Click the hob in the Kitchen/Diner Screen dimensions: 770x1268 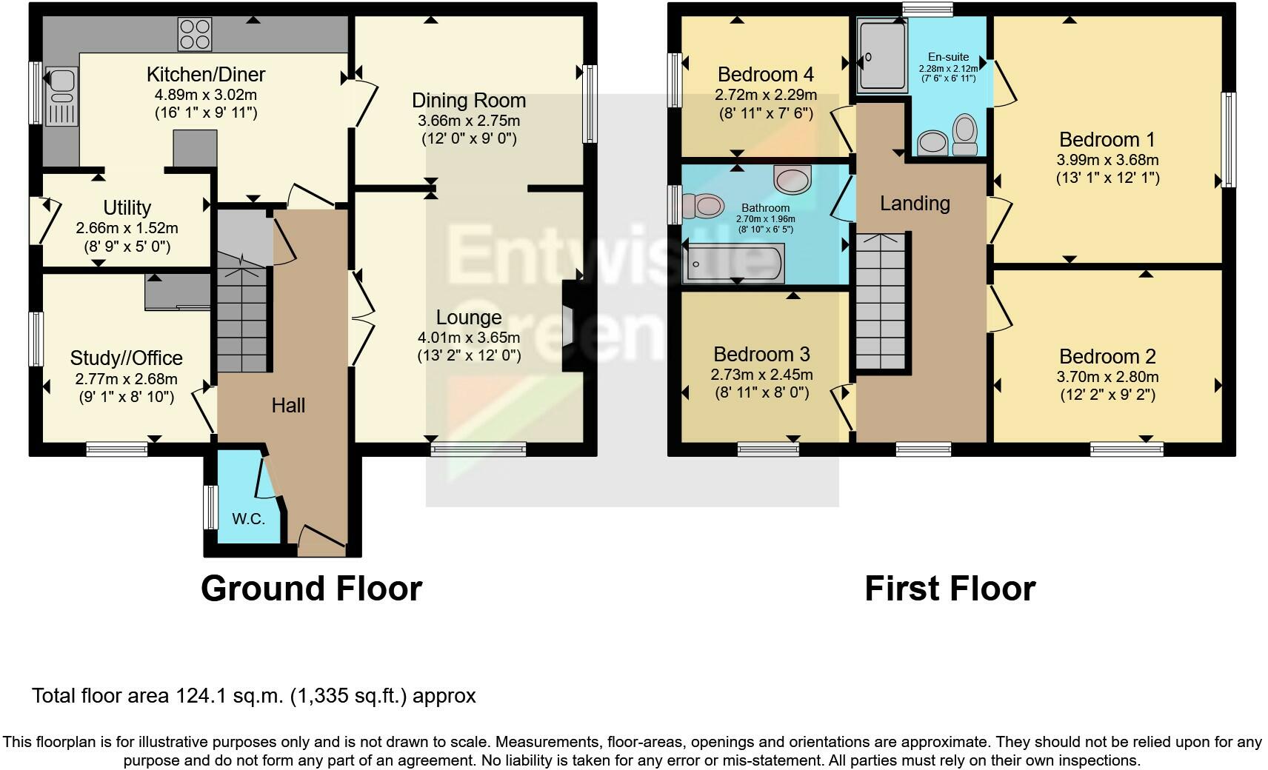pyautogui.click(x=195, y=34)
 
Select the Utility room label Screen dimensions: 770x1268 pyautogui.click(x=127, y=207)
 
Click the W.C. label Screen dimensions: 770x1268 pyautogui.click(x=248, y=519)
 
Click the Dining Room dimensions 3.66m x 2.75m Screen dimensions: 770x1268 pyautogui.click(x=469, y=121)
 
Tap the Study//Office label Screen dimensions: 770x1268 pyautogui.click(x=126, y=358)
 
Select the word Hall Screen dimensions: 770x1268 pyautogui.click(x=288, y=405)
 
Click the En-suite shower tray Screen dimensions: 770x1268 pyautogui.click(x=881, y=56)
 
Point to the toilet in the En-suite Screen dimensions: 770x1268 pyautogui.click(x=965, y=134)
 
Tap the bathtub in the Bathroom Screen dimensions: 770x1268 pyautogui.click(x=733, y=264)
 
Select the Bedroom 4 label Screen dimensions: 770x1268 pyautogui.click(x=765, y=74)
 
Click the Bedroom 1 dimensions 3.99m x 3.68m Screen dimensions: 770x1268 pyautogui.click(x=1107, y=160)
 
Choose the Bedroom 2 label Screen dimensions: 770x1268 pyautogui.click(x=1107, y=356)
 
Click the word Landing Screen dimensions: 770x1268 pyautogui.click(x=915, y=203)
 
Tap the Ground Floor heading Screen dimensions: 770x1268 pyautogui.click(x=311, y=589)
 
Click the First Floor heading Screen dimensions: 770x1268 pyautogui.click(x=950, y=589)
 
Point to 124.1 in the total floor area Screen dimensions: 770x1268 pyautogui.click(x=199, y=696)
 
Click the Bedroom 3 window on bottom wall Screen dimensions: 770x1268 pyautogui.click(x=768, y=449)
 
